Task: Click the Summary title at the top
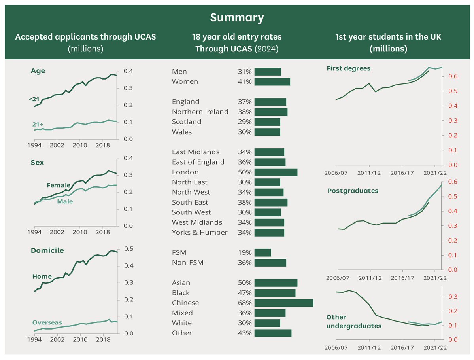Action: click(x=237, y=17)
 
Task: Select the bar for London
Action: click(x=276, y=172)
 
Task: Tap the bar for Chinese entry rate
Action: click(x=283, y=303)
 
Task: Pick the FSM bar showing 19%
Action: click(x=262, y=252)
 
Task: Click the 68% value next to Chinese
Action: click(x=245, y=303)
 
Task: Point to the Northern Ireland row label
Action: click(x=200, y=112)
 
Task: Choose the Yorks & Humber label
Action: click(x=200, y=232)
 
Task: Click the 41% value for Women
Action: click(x=245, y=81)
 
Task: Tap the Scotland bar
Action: click(x=267, y=122)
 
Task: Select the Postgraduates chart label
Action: click(x=353, y=191)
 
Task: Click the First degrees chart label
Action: click(x=348, y=68)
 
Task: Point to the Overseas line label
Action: click(x=47, y=322)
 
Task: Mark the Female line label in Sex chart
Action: click(x=59, y=185)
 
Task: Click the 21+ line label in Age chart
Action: click(x=38, y=124)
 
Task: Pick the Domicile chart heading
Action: click(x=47, y=250)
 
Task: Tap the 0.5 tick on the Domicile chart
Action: click(x=129, y=249)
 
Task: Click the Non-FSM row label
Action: click(x=187, y=263)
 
